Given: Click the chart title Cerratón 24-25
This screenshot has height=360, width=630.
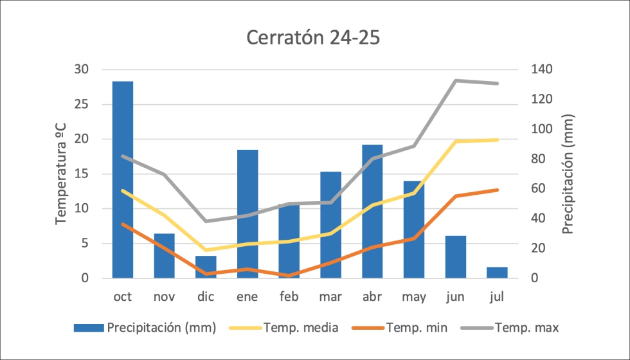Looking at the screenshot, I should click(314, 38).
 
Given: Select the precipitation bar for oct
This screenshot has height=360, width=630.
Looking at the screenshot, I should click(123, 180).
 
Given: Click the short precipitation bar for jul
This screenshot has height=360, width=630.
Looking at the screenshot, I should click(497, 273).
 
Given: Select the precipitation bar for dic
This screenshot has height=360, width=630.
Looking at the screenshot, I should click(206, 267).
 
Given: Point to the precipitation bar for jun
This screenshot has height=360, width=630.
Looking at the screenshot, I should click(455, 257).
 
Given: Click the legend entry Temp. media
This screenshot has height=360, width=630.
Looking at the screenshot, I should click(300, 328).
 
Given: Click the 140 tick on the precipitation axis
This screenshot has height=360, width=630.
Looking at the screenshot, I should click(541, 69).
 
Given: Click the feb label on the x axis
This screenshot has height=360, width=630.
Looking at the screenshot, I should click(289, 296).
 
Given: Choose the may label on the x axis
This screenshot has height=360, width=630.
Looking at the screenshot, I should click(414, 296).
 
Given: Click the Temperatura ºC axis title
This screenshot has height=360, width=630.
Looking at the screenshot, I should click(62, 174).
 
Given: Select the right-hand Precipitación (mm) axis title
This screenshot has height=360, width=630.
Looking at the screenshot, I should click(568, 174).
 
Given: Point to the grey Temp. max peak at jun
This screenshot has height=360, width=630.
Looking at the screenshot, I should click(455, 80).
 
